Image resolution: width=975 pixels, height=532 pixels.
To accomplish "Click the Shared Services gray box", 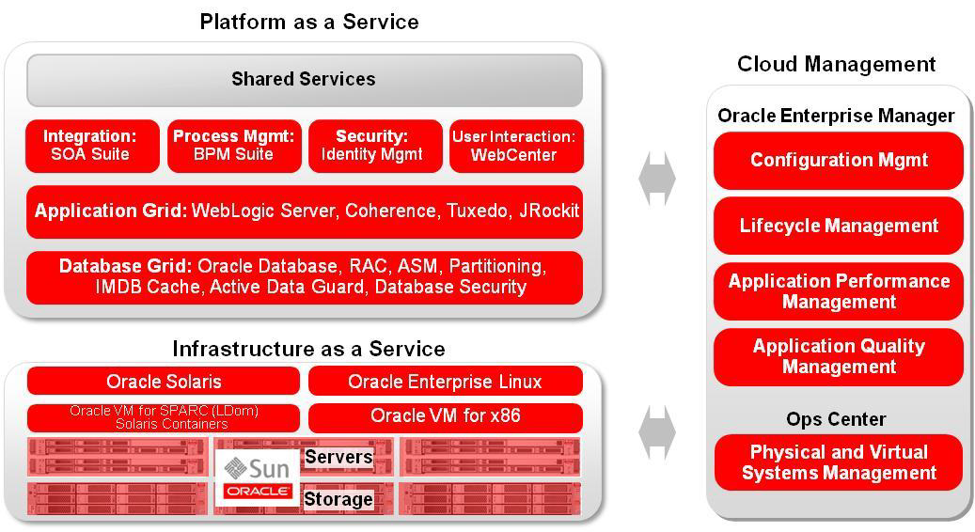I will point(304,80).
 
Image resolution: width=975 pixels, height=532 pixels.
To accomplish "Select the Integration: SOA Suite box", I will point(91,146).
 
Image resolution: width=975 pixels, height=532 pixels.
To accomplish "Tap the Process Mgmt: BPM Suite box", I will point(234,146).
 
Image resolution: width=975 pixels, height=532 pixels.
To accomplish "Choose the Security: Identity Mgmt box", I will point(374,146).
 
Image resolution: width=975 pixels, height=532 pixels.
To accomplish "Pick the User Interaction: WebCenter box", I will point(515,146).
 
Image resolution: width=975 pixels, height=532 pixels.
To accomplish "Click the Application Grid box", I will point(305,211).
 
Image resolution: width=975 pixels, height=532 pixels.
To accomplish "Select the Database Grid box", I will point(305,277).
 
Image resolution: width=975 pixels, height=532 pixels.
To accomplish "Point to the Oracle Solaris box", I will point(164,381).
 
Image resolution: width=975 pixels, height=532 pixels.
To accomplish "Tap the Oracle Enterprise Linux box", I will point(445,381).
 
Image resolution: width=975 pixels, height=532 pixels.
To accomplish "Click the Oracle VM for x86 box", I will point(445,416).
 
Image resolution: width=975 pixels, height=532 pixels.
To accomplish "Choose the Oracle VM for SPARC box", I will point(164,416).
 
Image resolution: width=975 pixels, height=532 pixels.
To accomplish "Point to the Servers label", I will point(338,458).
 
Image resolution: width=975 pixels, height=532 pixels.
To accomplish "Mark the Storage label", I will point(338,499).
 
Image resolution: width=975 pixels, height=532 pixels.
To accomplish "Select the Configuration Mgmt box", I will point(839,160).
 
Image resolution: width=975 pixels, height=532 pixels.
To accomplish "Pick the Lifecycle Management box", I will point(839,226).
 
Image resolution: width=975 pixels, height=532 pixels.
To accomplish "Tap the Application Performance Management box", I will point(839,291).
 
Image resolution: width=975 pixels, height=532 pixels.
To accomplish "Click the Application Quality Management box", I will point(839,356).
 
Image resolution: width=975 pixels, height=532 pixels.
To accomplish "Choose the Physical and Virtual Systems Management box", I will point(839,462).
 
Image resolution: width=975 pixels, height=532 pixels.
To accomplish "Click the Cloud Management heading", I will point(836,64).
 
